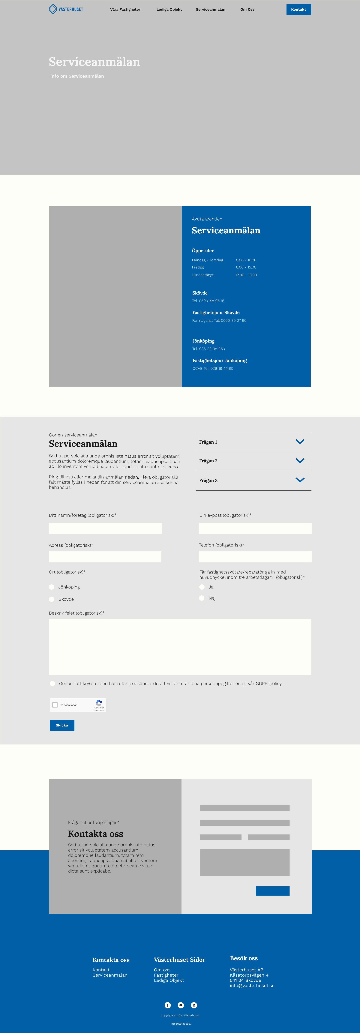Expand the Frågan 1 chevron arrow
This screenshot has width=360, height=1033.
[x=300, y=442]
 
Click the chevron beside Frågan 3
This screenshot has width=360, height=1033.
[x=300, y=480]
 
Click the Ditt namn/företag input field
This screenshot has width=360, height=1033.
[x=105, y=528]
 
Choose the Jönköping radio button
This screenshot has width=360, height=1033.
[x=52, y=587]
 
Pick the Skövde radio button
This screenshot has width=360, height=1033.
[x=52, y=599]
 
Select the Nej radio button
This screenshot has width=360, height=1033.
[x=202, y=598]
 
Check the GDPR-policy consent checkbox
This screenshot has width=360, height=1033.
[x=52, y=684]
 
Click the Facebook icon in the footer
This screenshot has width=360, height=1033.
[x=168, y=1005]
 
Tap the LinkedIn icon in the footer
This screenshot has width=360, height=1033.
[x=194, y=1005]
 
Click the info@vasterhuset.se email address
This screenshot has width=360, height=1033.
[x=252, y=985]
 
